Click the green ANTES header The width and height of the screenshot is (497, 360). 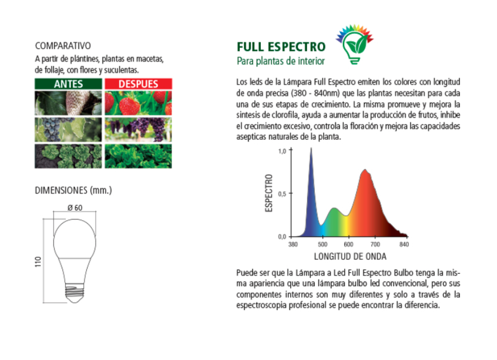pos(68,84)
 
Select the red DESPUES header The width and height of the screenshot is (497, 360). pos(139,84)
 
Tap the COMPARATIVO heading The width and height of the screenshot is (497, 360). pos(63,46)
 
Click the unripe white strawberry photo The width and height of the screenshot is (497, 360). pos(68,103)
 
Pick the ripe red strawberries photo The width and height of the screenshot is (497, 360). pos(139,103)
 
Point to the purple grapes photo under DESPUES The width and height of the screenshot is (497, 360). pos(139,130)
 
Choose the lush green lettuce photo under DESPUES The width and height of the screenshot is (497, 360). pos(139,156)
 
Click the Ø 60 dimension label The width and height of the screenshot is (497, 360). pos(75,208)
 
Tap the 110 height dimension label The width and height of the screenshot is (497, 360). pos(38,262)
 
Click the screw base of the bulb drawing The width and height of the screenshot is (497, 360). pos(75,292)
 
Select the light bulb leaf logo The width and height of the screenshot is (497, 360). pos(355,44)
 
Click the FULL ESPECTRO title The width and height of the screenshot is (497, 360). pos(281,47)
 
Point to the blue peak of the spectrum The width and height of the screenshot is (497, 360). pos(311,149)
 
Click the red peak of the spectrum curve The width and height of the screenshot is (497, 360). pos(365,170)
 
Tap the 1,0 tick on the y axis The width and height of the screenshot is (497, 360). pos(282,151)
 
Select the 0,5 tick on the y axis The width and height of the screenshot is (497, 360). pos(282,194)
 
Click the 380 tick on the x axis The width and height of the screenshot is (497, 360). pos(293,244)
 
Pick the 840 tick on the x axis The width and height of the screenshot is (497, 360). pos(404,244)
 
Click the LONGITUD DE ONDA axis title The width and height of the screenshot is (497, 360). pos(350,257)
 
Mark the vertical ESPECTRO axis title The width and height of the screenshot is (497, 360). pos(269,193)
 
